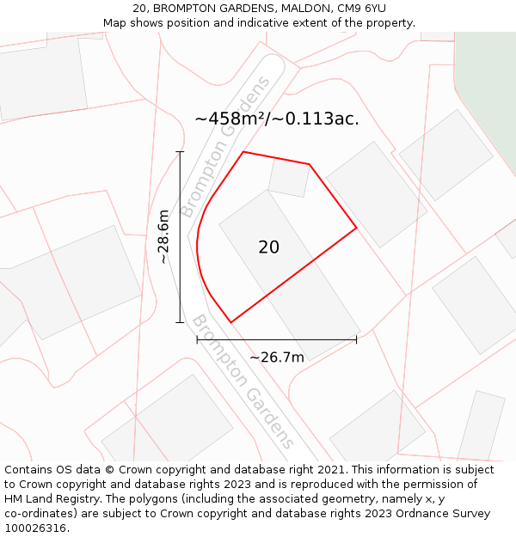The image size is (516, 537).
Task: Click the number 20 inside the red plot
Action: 268,247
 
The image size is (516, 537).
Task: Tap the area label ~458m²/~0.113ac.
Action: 277,119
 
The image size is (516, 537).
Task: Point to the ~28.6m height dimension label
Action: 164,237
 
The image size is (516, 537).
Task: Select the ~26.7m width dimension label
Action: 277,357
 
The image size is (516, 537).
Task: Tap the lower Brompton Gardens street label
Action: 243,382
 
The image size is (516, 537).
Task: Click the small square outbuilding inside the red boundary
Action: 289,177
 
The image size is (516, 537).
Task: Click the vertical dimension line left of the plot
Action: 180,237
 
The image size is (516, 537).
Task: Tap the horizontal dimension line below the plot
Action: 277,340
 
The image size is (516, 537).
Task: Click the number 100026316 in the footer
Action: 34,528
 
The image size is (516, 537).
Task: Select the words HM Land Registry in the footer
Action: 52,499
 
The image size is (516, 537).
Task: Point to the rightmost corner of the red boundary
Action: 356,229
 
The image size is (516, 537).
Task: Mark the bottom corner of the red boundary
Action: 230,322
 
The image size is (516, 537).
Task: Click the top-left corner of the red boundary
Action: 244,152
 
